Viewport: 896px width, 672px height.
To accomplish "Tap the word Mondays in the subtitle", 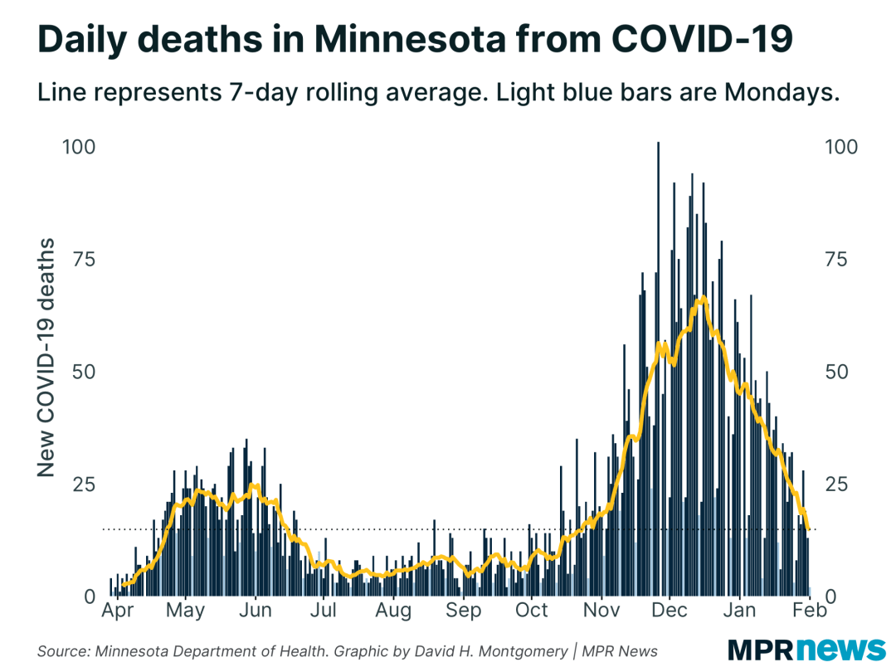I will [x=779, y=93].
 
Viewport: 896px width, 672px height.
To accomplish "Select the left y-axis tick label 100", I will [x=79, y=147].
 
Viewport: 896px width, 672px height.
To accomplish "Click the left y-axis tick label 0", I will [x=90, y=596].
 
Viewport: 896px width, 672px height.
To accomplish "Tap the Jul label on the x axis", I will [x=324, y=611].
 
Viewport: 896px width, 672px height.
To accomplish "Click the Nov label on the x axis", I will [x=601, y=611].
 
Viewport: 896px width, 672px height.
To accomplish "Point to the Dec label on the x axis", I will [x=670, y=611].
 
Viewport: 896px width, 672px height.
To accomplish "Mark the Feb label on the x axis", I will [x=809, y=611].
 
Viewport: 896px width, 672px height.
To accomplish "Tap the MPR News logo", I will [x=806, y=650].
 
